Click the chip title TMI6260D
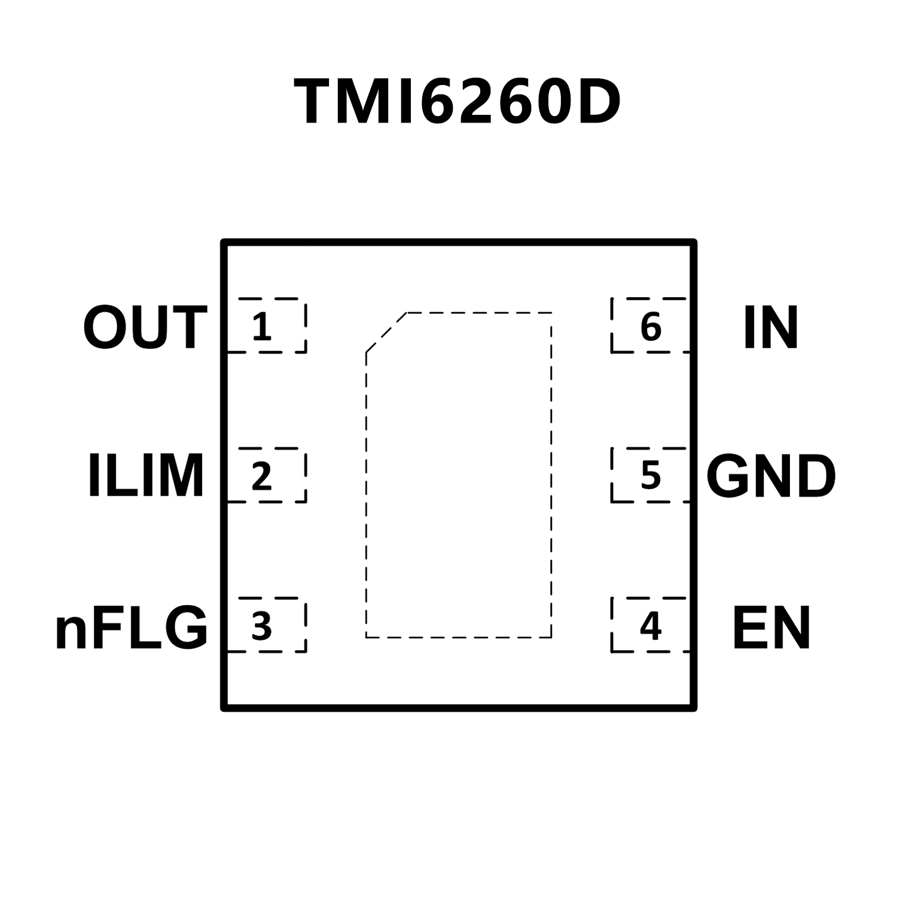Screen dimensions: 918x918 [x=458, y=103]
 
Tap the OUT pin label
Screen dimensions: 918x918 [x=145, y=328]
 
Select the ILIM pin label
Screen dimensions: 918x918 [x=147, y=476]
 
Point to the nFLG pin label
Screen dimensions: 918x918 [x=132, y=628]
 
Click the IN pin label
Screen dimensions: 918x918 [x=771, y=328]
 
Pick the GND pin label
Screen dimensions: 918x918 [x=771, y=476]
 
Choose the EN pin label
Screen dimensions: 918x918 [x=771, y=628]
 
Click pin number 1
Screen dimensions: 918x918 [x=262, y=327]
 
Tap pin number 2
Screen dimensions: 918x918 [x=262, y=476]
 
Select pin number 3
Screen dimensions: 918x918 [x=262, y=627]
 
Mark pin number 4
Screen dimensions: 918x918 [x=651, y=626]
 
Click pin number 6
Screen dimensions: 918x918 [x=651, y=327]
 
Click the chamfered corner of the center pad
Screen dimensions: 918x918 [x=386, y=333]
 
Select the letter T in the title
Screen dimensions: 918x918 [x=316, y=103]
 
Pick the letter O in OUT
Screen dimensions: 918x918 [x=105, y=328]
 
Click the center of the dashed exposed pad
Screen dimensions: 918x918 [x=459, y=475]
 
